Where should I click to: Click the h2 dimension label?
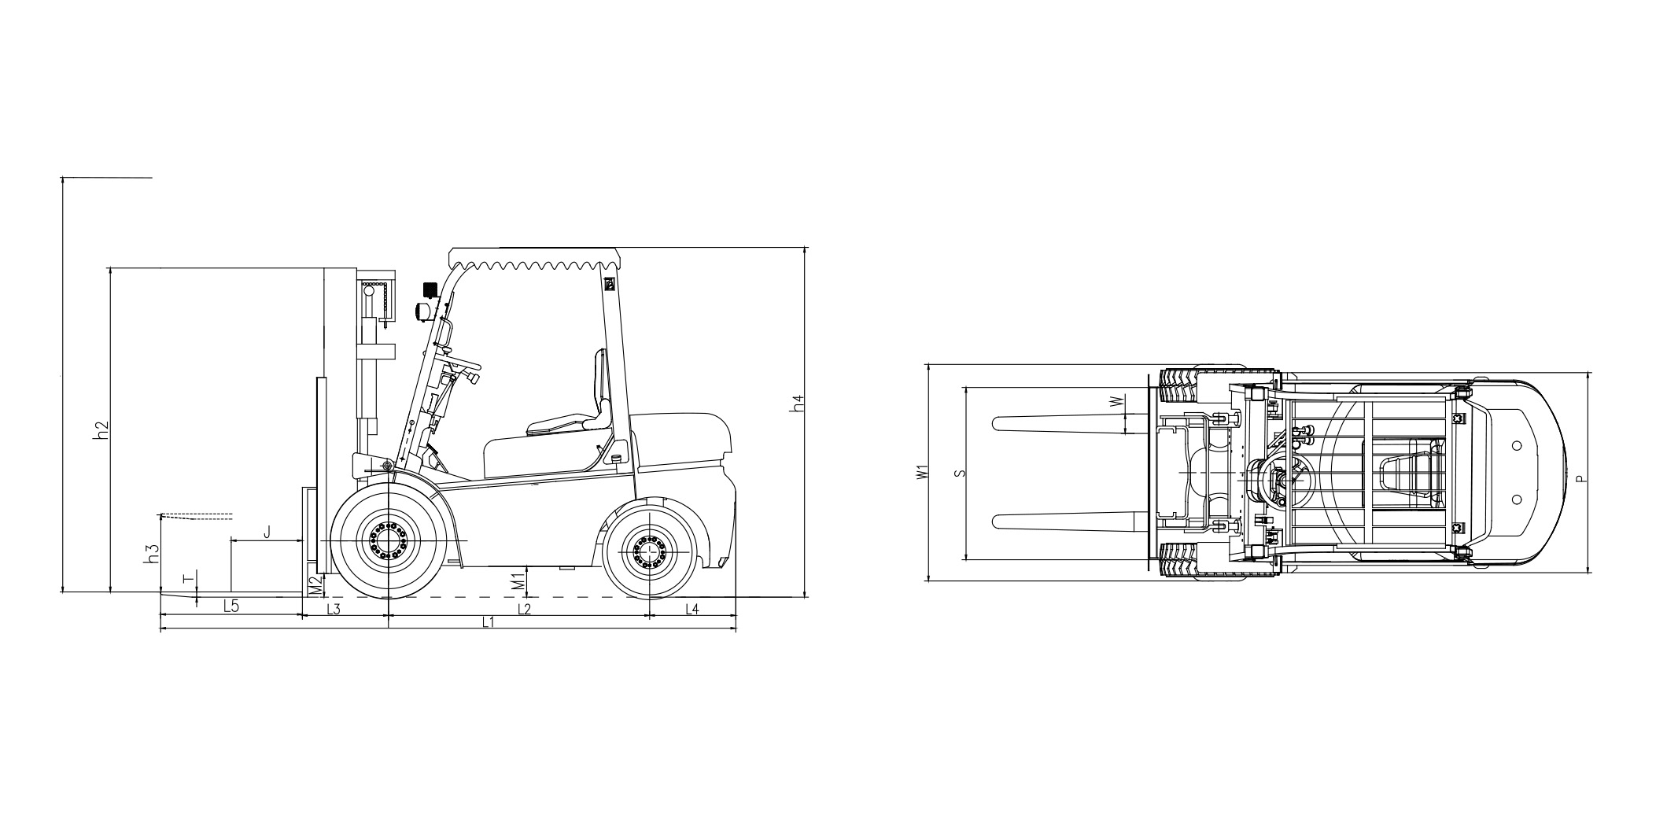coord(100,430)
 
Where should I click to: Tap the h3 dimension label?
coord(153,554)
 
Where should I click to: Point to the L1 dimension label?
coord(488,622)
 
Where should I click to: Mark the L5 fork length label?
coord(231,606)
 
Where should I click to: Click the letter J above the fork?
coord(267,533)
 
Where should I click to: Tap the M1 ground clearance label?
coord(518,582)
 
